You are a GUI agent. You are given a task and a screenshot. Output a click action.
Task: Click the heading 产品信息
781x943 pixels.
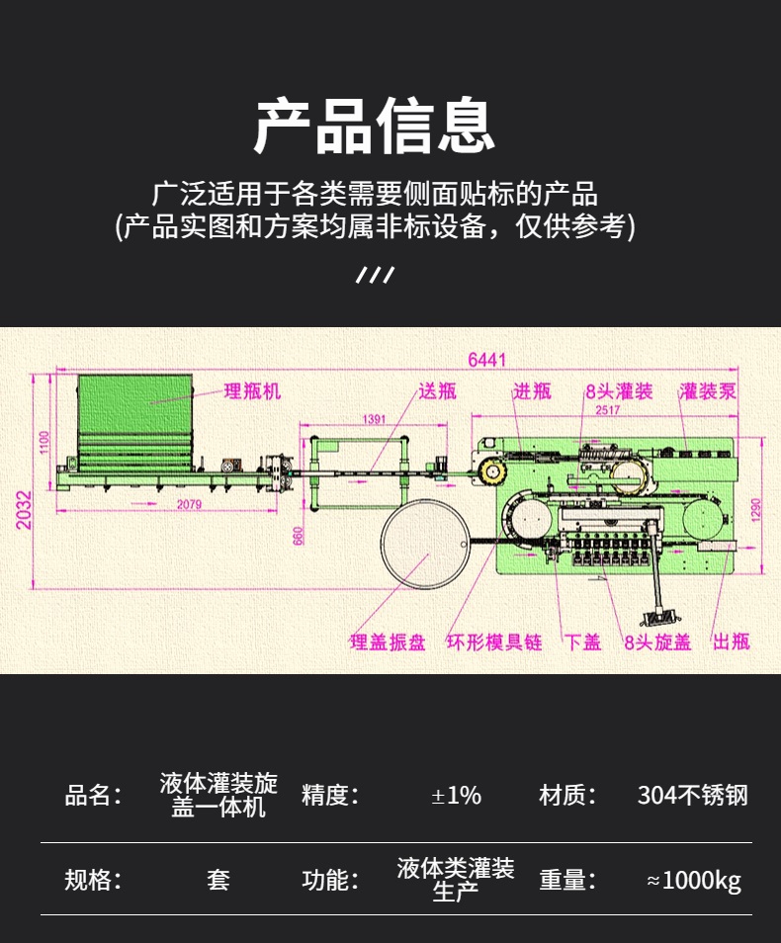click(375, 126)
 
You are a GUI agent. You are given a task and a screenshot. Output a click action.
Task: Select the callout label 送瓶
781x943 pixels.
click(437, 391)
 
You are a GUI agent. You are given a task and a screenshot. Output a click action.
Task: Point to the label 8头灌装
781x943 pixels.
click(619, 391)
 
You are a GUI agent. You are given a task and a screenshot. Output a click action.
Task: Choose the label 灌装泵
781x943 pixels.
click(708, 391)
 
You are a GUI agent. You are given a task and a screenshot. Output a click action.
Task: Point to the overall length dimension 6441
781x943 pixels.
click(486, 361)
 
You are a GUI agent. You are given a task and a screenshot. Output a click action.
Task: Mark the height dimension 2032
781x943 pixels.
click(24, 510)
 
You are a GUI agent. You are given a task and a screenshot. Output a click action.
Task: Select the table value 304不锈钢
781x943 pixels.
click(692, 795)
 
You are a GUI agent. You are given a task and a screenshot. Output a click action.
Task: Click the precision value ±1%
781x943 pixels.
click(456, 795)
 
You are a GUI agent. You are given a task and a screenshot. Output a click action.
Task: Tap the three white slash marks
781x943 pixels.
click(375, 275)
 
